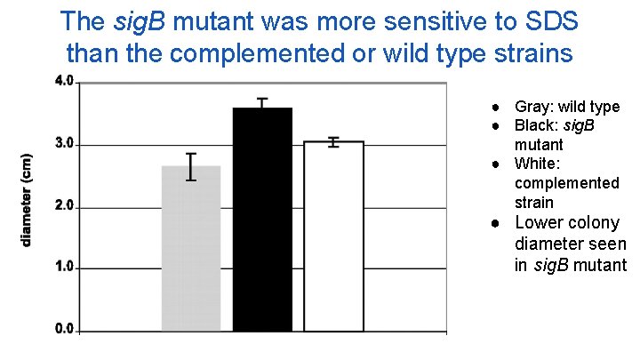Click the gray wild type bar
[x=190, y=248]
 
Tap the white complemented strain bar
[x=333, y=236]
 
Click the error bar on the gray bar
[x=190, y=166]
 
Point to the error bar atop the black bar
[x=262, y=103]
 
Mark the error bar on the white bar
[x=333, y=141]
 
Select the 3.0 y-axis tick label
[x=64, y=144]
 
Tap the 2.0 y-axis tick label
[x=64, y=206]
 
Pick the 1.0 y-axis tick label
[x=64, y=268]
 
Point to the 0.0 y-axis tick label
[x=64, y=329]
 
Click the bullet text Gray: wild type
[x=567, y=107]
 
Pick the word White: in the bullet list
[x=537, y=164]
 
